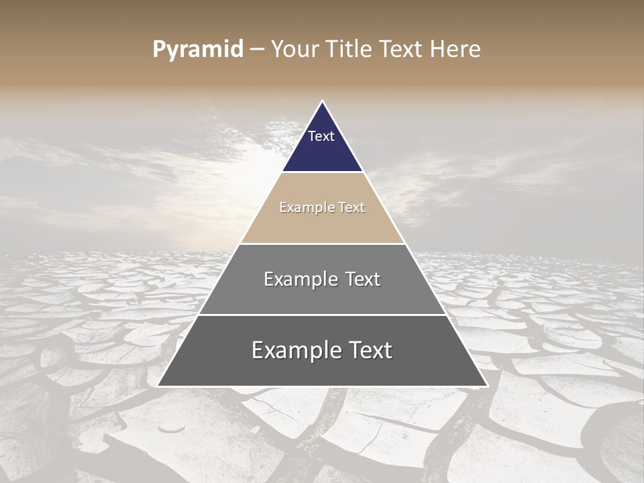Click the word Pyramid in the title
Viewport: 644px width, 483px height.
(x=197, y=50)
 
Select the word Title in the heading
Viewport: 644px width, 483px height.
(x=350, y=50)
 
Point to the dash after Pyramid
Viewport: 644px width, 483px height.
(x=257, y=50)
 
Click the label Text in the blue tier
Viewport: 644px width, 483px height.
(x=321, y=136)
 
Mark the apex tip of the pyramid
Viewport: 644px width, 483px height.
(x=322, y=102)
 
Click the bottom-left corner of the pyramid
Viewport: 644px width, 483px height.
(x=159, y=385)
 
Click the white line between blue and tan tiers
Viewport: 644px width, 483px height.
(x=322, y=172)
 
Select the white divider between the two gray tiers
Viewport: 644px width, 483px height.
(x=322, y=315)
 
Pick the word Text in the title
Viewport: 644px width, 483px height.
(x=403, y=50)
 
